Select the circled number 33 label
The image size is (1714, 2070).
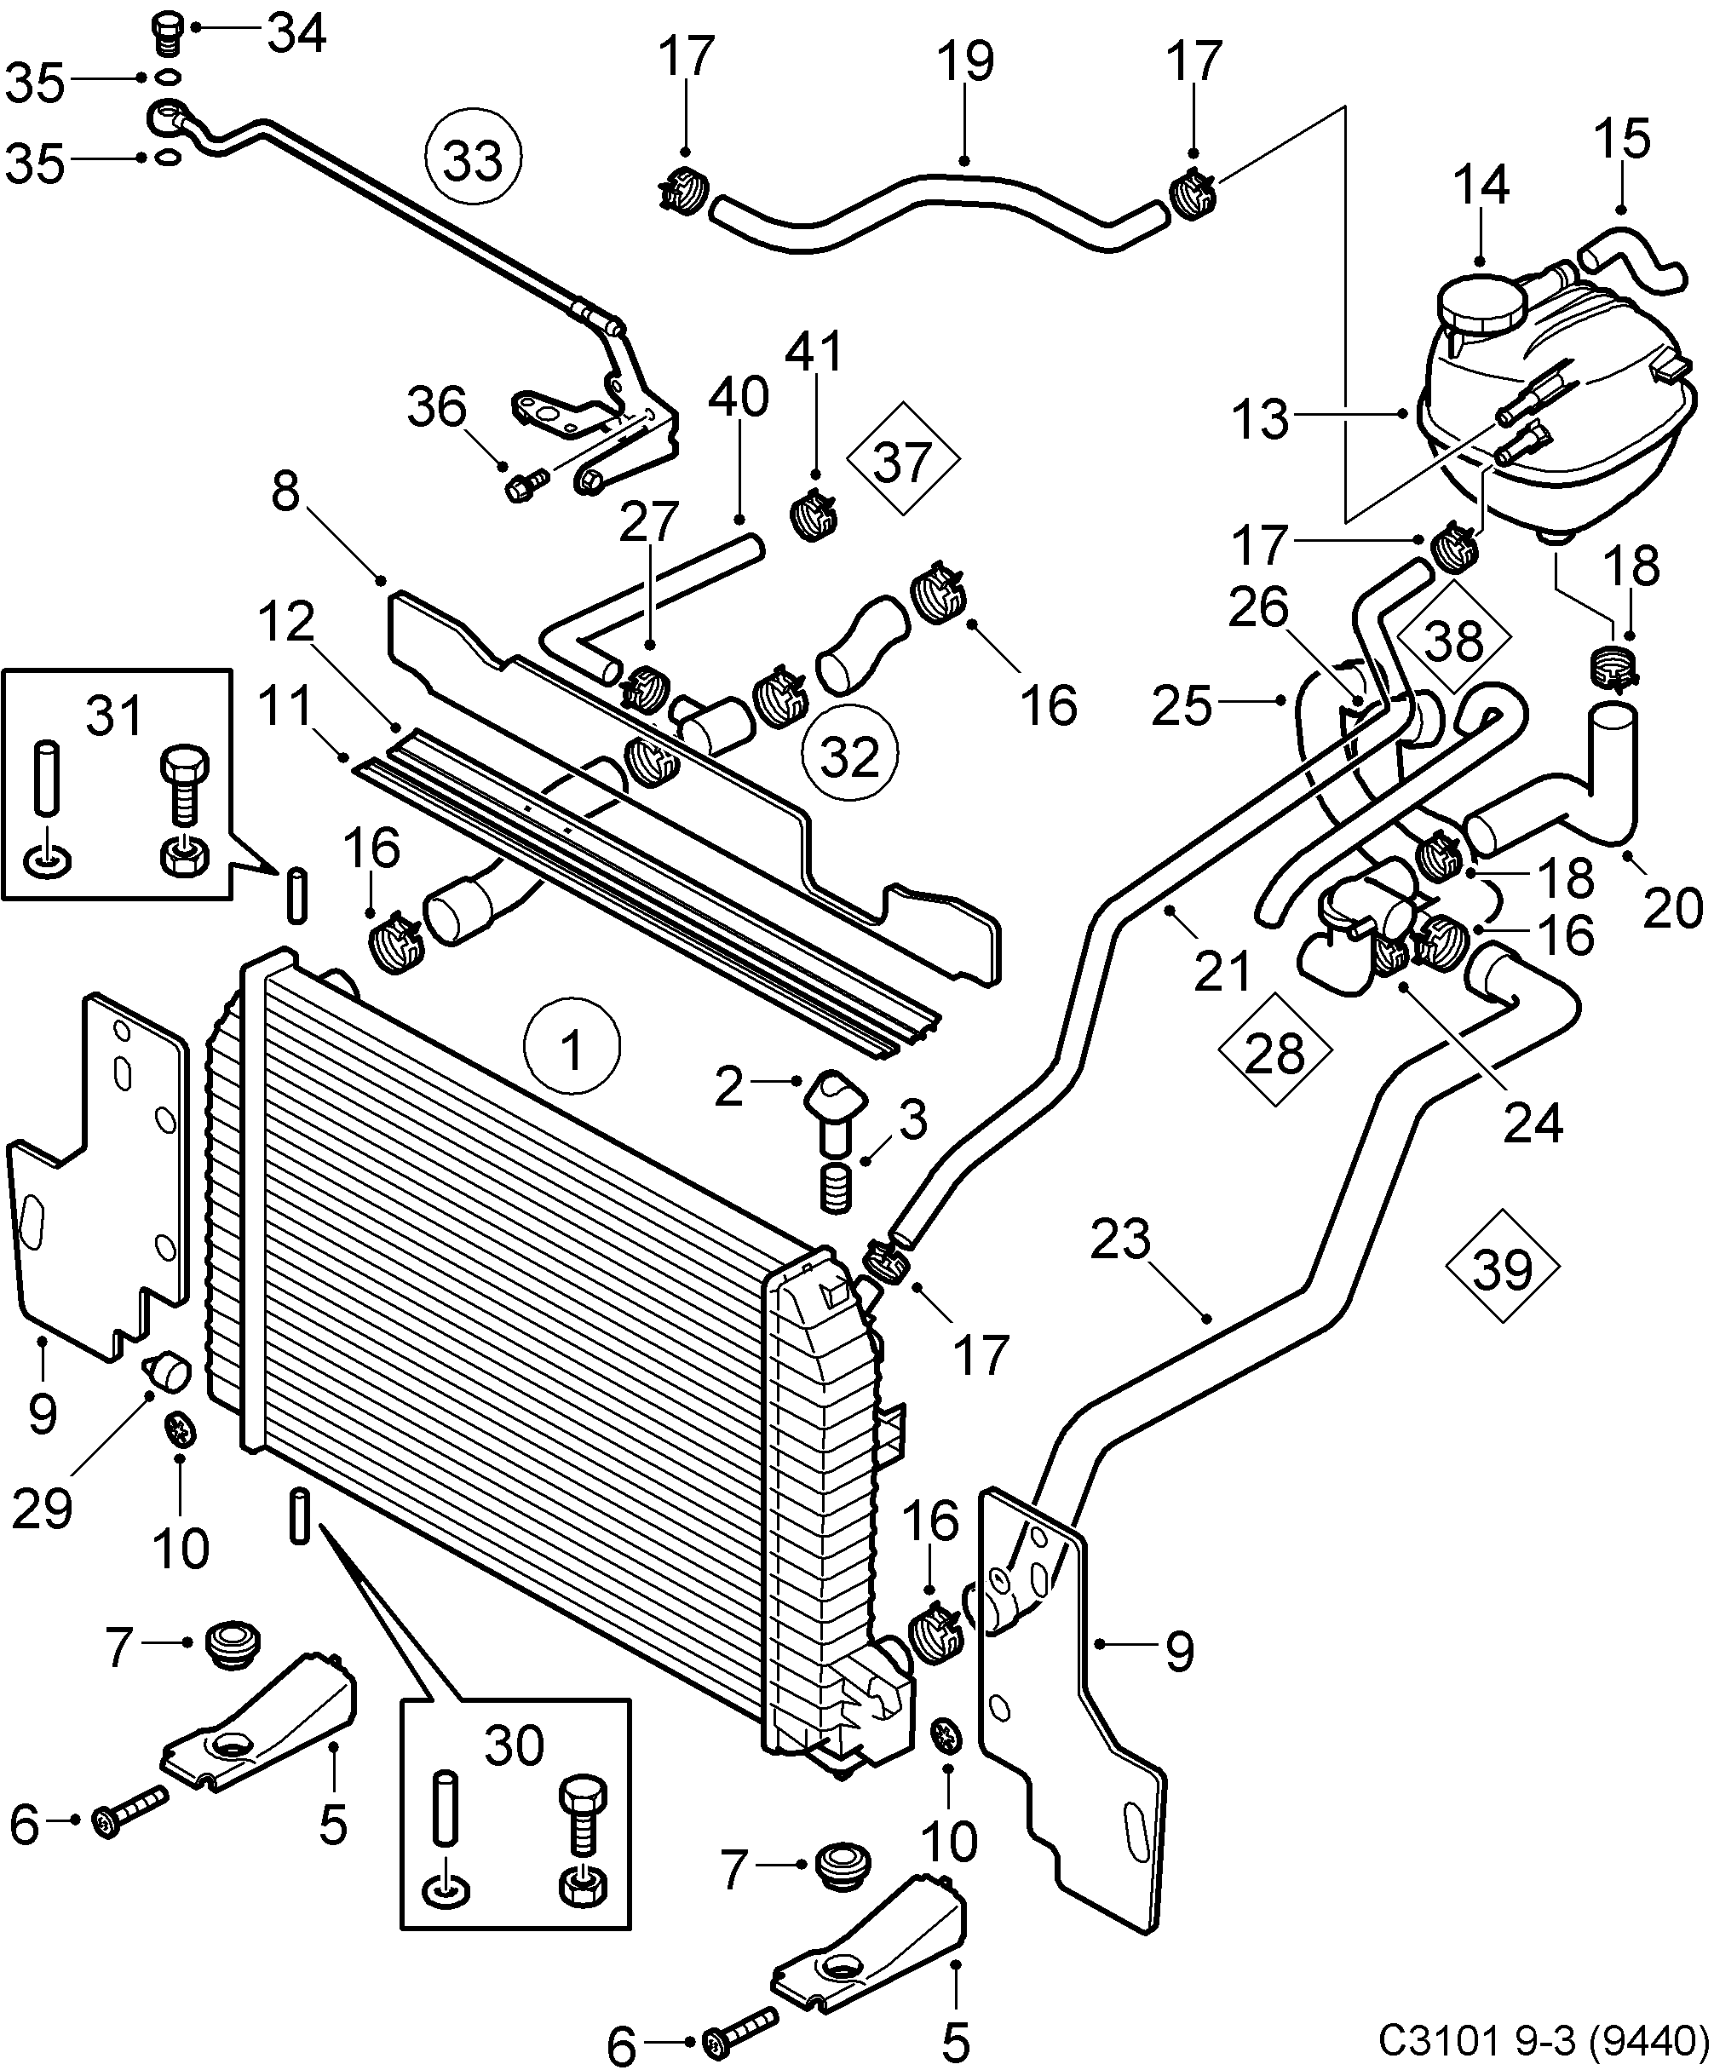click(473, 158)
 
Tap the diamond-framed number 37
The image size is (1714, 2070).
click(902, 460)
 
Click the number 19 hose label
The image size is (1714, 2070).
click(965, 61)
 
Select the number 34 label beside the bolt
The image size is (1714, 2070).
click(297, 33)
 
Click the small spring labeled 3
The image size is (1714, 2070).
click(836, 1190)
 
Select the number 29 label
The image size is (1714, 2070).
click(43, 1509)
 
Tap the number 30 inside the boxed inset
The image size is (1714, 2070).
click(514, 1745)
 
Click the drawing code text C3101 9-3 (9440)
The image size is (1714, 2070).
click(1543, 2037)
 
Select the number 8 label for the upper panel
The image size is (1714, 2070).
click(286, 490)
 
